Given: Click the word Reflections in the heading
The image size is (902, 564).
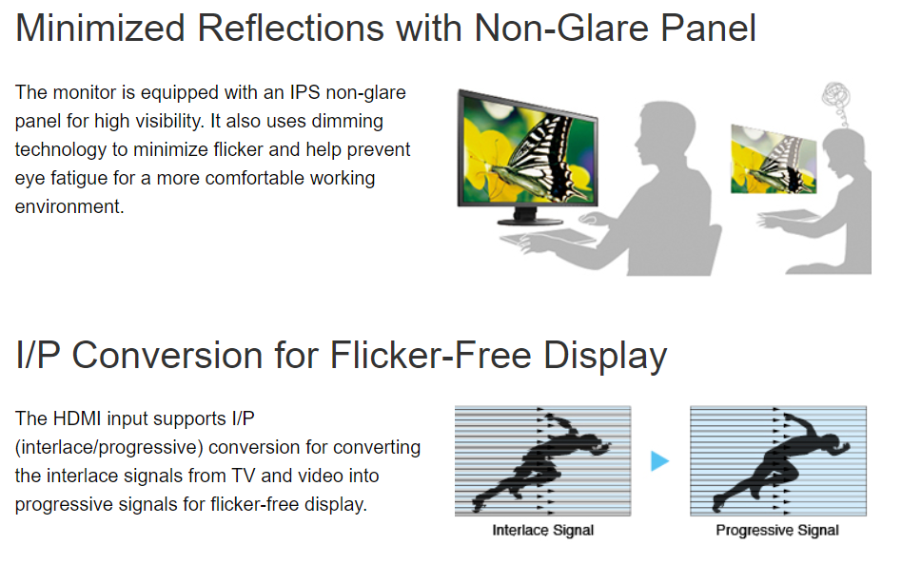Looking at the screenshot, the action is [x=290, y=28].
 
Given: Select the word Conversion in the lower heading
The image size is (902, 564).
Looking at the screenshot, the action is [x=167, y=355].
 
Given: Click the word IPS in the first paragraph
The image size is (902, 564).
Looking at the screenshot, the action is [x=304, y=92].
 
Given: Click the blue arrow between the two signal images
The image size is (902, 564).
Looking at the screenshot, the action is [x=659, y=461].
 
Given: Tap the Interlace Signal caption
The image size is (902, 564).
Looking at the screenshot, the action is [x=542, y=530].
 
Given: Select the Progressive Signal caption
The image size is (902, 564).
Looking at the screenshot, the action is [x=777, y=530].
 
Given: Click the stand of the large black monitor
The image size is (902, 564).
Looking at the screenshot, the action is [x=530, y=217].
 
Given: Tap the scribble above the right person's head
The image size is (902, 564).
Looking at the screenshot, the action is [x=836, y=101].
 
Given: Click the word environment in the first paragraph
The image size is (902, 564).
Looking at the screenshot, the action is [x=69, y=206].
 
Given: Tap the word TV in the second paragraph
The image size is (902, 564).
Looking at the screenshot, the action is [x=244, y=476].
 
